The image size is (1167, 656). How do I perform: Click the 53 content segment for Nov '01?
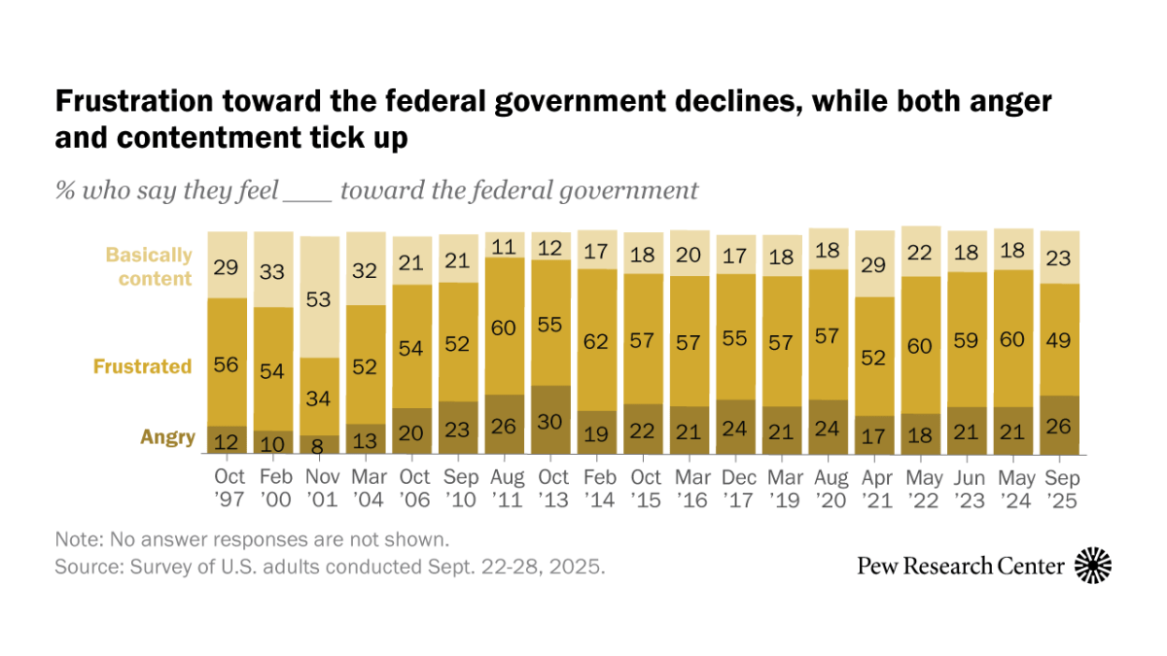[320, 296]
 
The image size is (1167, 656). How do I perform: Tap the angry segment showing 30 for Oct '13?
[551, 420]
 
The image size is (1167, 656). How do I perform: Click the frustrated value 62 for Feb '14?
[597, 340]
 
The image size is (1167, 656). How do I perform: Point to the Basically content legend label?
[149, 266]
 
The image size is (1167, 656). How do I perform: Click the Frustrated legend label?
[142, 366]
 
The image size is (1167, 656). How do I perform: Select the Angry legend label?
[167, 436]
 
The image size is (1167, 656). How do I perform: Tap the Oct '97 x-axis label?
[228, 489]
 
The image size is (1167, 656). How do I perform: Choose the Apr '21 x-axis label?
[875, 489]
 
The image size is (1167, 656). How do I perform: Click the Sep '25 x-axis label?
[1060, 489]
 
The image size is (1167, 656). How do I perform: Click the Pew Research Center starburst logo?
[1093, 565]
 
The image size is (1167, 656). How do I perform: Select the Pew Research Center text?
[960, 566]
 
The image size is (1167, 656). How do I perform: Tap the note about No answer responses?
[252, 538]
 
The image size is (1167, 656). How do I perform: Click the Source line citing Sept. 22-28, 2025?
[330, 566]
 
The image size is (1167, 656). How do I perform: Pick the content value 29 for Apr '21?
[875, 263]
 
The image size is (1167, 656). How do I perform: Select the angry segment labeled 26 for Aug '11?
[505, 425]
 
